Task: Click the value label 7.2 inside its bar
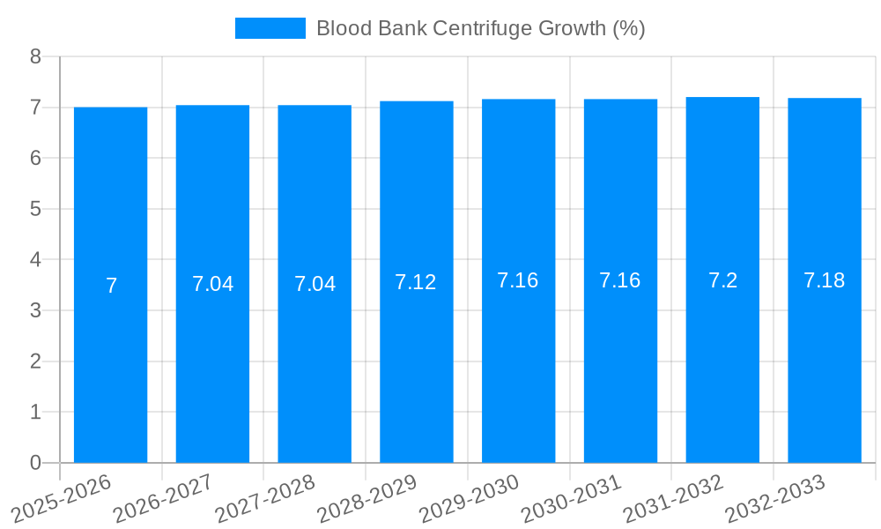coord(722,280)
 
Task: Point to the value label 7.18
coord(825,280)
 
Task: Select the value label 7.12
coord(416,282)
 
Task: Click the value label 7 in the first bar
coord(111,286)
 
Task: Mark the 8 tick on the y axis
coord(35,56)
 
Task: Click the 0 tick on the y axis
coord(35,463)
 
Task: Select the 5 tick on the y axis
coord(35,209)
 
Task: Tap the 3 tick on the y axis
coord(35,310)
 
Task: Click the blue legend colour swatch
coord(270,28)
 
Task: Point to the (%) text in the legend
coord(628,28)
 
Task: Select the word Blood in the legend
coord(344,28)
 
